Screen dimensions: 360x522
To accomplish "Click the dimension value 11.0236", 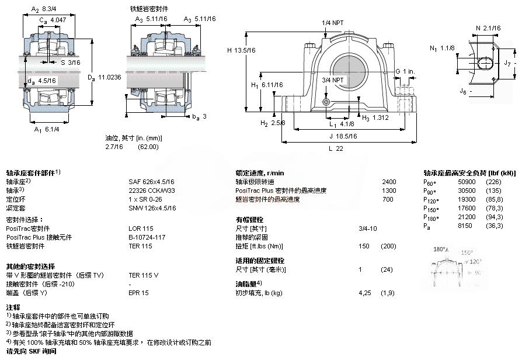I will (x=109, y=77).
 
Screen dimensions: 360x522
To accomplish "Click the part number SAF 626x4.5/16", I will (x=151, y=182).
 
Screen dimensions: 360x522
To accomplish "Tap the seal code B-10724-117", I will (x=147, y=237).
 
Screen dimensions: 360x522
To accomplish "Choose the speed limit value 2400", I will (x=388, y=182).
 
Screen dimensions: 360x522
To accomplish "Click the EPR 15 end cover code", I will (x=138, y=292).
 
